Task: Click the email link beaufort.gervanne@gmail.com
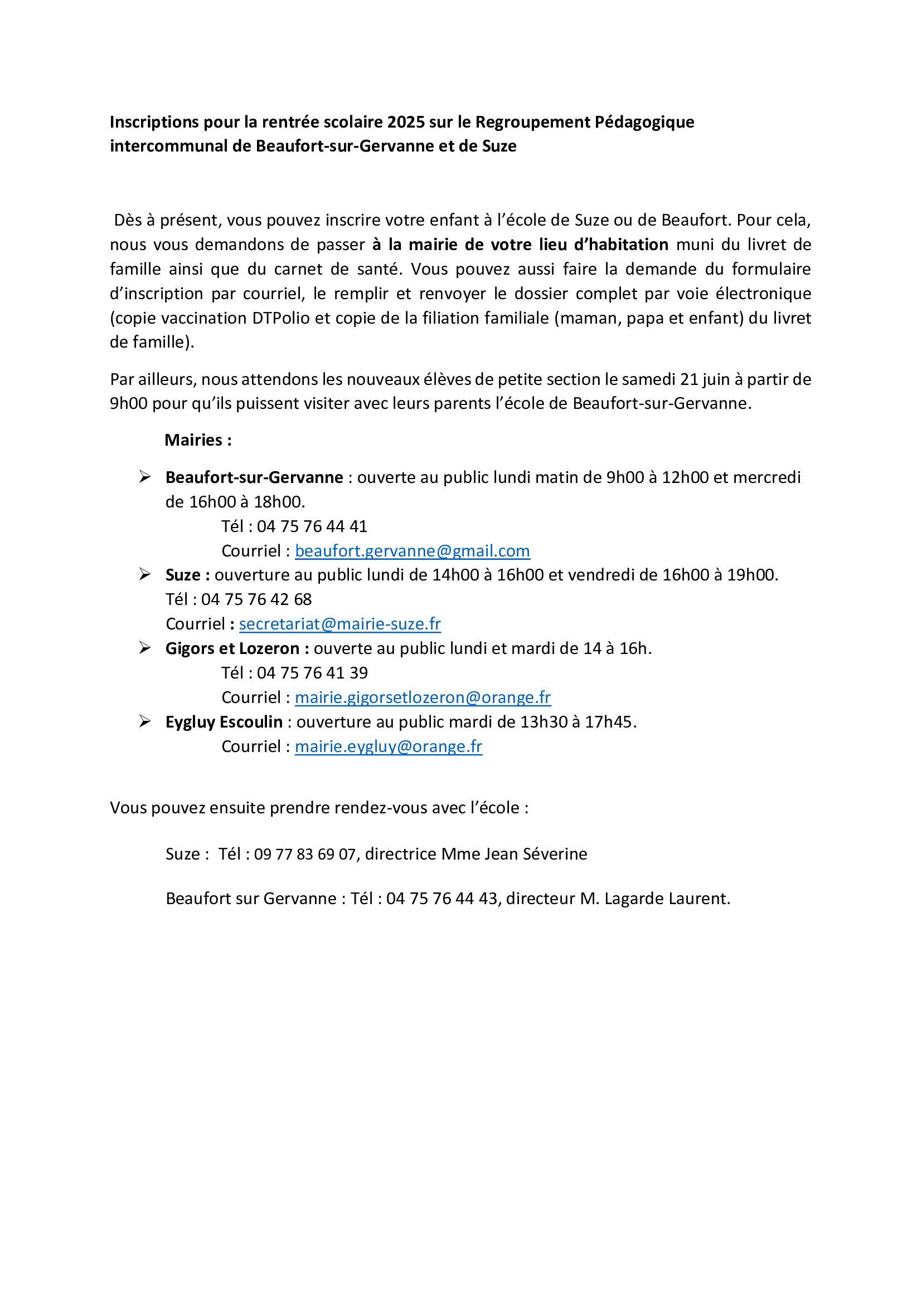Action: pos(412,551)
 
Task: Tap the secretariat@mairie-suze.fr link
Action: pos(339,624)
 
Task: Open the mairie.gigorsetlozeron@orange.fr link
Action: pos(423,697)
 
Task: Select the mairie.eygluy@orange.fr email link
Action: pos(389,747)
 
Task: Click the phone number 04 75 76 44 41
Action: pos(312,526)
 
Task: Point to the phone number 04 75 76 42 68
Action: pos(256,600)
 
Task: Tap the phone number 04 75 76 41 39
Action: pos(312,673)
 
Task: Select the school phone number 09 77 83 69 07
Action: pos(304,854)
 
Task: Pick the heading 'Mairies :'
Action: pos(198,441)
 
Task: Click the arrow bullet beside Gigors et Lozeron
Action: pos(145,648)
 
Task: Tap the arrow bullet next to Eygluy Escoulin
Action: pos(145,721)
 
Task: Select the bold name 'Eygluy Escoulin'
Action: pos(224,723)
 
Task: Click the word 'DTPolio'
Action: pos(281,319)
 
